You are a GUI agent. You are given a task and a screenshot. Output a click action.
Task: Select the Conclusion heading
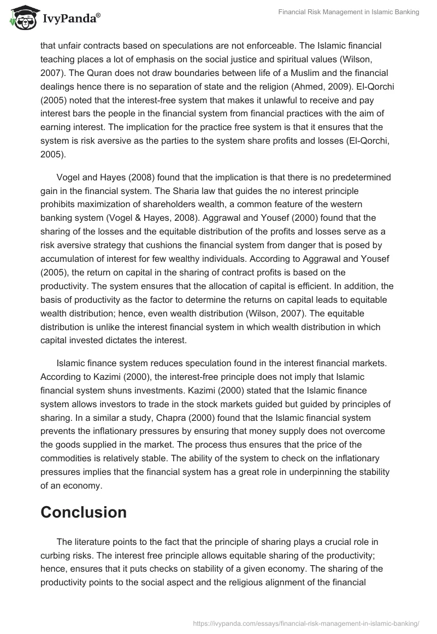coord(84,512)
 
